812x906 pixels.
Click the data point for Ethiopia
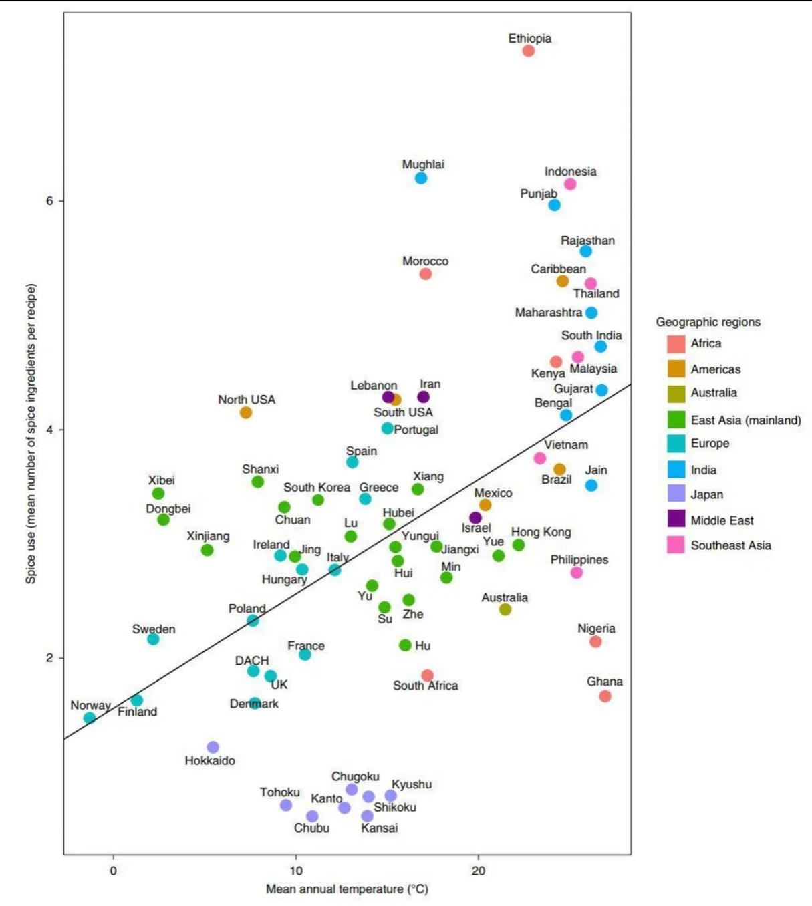tap(529, 51)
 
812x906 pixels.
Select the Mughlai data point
tap(421, 178)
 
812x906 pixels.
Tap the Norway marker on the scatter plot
tap(90, 718)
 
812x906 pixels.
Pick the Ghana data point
tap(605, 696)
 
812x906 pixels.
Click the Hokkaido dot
tap(213, 747)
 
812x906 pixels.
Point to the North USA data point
tap(246, 412)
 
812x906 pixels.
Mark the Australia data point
tap(505, 609)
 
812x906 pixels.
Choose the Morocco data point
tap(426, 274)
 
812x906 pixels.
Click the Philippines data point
tap(577, 573)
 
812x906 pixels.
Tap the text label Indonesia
tap(570, 172)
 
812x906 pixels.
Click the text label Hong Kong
tap(541, 532)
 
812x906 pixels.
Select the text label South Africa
tap(425, 686)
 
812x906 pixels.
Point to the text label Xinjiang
tap(208, 536)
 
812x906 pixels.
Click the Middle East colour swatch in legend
tap(676, 519)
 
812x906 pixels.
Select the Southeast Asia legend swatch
tap(676, 545)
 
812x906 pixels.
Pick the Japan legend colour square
tap(676, 494)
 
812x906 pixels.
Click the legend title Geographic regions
tap(708, 322)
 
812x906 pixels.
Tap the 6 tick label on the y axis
tap(49, 201)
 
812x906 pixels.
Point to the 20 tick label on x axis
tap(478, 871)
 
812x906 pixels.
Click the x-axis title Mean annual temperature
tap(347, 889)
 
